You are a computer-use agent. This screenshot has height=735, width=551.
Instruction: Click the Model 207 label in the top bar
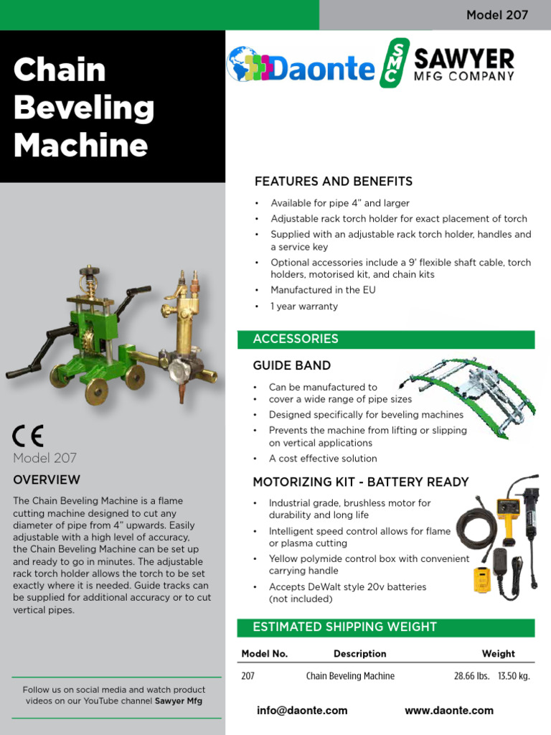tap(496, 15)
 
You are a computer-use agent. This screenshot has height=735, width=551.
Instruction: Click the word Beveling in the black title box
tap(83, 108)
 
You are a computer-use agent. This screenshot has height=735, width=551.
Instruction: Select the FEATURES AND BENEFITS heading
tap(333, 181)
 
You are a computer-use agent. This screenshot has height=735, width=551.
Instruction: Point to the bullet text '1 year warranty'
tap(303, 306)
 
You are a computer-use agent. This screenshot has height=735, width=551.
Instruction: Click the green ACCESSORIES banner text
tap(296, 339)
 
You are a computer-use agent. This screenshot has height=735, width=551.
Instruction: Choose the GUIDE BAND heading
tap(291, 365)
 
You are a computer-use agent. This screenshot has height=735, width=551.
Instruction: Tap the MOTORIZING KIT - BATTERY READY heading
tap(360, 482)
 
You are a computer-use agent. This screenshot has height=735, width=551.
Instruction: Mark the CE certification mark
tap(28, 436)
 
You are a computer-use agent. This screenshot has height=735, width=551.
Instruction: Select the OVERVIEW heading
tap(47, 479)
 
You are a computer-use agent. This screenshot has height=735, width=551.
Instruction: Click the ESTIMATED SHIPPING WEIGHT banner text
tap(344, 627)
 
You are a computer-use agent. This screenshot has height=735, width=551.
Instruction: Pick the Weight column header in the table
tap(498, 654)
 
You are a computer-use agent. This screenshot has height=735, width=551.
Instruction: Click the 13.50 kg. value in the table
tap(514, 676)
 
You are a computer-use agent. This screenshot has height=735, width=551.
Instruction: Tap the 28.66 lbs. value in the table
tap(471, 676)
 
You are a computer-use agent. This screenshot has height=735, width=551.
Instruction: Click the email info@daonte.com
tap(302, 711)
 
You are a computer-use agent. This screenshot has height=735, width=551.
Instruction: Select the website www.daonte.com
tap(449, 711)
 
